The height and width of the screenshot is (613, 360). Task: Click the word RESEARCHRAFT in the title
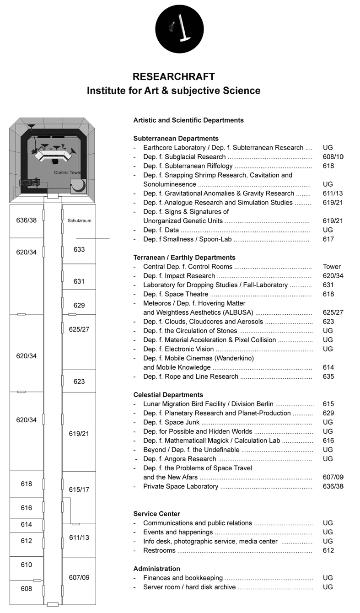[x=173, y=77]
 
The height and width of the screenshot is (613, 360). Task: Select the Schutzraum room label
[x=79, y=220]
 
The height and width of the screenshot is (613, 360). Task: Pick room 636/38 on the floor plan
[x=26, y=220]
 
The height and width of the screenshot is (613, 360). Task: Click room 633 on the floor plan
[x=79, y=250]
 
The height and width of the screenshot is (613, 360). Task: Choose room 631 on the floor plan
[x=79, y=281]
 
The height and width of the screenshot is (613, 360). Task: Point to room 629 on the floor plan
[x=79, y=305]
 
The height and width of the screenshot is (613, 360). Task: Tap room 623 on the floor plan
[x=79, y=381]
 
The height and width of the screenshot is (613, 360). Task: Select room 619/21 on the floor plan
[x=79, y=433]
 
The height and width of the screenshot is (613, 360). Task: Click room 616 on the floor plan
[x=27, y=508]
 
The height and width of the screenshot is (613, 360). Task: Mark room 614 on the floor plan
[x=27, y=525]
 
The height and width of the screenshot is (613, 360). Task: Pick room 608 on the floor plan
[x=27, y=589]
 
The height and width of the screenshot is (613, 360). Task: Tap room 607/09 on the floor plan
[x=79, y=577]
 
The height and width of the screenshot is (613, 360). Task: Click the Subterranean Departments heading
[x=176, y=139]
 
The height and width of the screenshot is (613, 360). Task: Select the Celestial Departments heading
[x=168, y=395]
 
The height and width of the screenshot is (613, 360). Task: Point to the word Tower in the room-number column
[x=332, y=267]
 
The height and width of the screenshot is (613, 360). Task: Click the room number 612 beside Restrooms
[x=328, y=550]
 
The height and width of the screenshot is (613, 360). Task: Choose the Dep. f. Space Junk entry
[x=171, y=422]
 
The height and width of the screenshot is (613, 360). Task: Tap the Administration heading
[x=156, y=569]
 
